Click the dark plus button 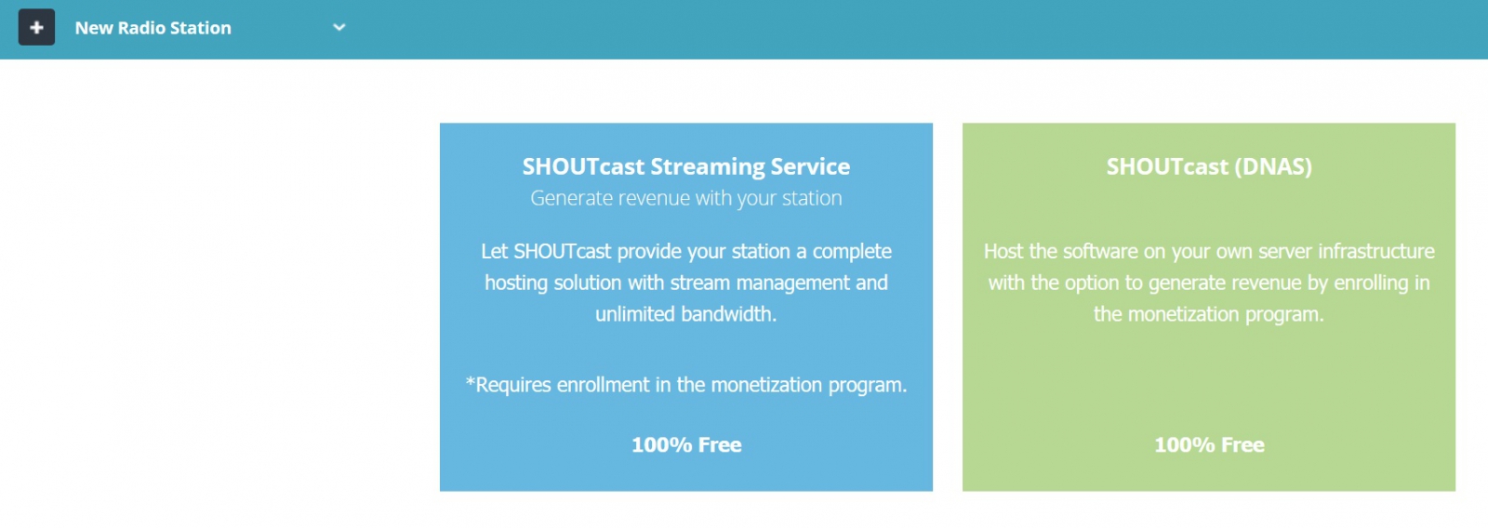point(36,27)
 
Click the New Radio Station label point(153,28)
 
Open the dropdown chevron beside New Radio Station point(339,27)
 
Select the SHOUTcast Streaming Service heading point(685,166)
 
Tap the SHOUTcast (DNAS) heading point(1209,166)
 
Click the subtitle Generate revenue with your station point(685,198)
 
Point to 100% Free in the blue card point(686,444)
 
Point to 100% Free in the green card point(1209,444)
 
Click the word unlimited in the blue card point(635,313)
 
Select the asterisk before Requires point(471,383)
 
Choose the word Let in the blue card point(494,251)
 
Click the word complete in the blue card point(852,252)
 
